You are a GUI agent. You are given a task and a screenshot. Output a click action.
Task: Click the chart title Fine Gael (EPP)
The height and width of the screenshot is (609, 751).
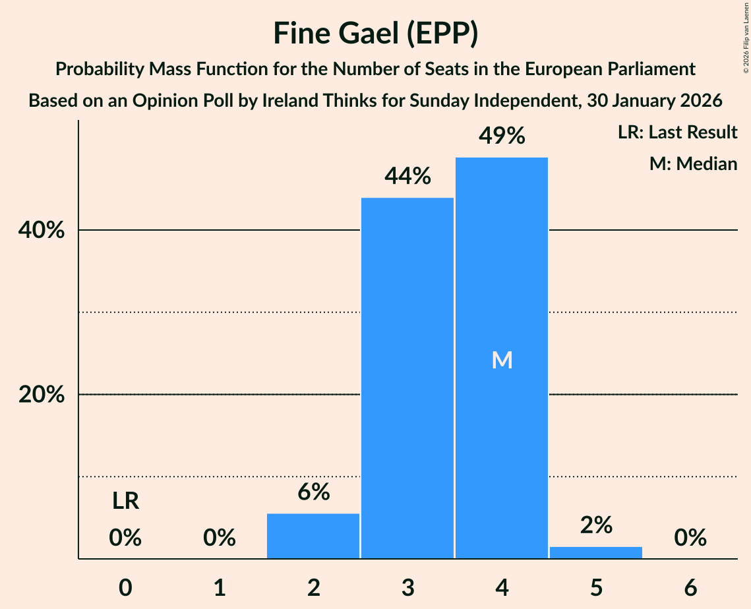click(x=375, y=34)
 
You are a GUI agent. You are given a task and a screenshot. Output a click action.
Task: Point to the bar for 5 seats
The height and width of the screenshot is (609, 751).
click(x=596, y=552)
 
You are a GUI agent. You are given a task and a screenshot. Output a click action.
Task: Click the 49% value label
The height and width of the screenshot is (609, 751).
click(x=502, y=136)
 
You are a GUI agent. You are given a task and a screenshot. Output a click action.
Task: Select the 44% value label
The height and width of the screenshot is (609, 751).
click(x=407, y=177)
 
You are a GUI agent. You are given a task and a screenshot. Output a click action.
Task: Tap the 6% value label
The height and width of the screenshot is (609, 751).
click(x=313, y=492)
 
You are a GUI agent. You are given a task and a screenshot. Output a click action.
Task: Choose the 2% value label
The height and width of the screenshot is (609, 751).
click(x=596, y=525)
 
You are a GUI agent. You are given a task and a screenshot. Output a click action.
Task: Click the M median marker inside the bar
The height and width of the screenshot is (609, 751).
click(x=502, y=360)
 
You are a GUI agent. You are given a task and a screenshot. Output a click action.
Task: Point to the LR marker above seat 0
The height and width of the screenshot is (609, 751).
click(x=125, y=502)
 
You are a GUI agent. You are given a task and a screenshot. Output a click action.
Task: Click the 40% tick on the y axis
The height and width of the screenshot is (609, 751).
click(x=41, y=231)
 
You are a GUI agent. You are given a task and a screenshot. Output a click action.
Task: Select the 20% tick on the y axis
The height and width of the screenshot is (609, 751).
click(x=41, y=395)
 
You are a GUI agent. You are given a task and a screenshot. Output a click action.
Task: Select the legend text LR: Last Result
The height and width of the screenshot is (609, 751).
click(x=677, y=132)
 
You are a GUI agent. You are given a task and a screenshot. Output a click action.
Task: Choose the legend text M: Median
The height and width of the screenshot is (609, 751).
click(x=693, y=163)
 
